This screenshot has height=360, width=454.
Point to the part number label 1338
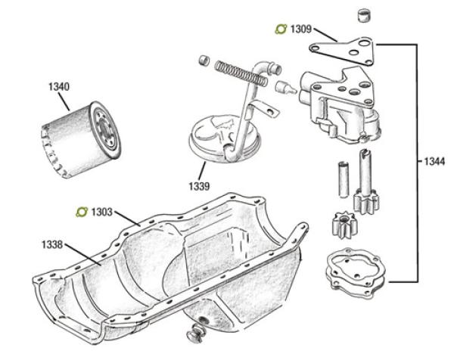54,245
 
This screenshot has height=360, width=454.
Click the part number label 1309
300,29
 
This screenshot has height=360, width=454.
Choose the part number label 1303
101,212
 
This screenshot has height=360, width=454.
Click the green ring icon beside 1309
280,29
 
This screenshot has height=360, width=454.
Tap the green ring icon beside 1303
82,212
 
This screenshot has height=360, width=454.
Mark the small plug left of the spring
203,60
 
